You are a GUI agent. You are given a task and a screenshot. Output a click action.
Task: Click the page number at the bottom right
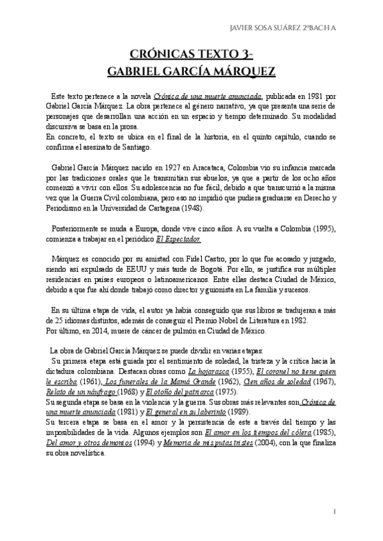pos(335,512)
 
